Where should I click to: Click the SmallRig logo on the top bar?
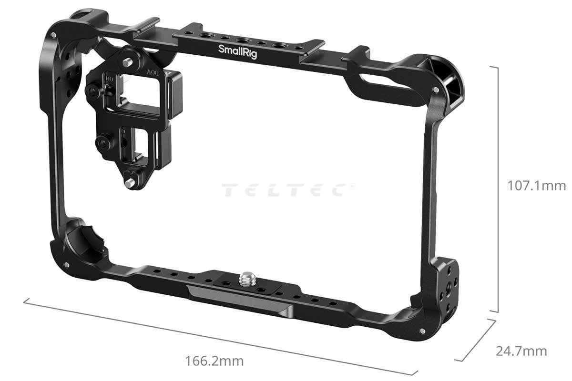pos(237,51)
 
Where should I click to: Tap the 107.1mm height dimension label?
pos(536,186)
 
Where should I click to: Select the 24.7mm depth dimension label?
pos(521,351)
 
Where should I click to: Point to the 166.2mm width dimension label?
pos(214,361)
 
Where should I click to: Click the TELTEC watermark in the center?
pos(288,190)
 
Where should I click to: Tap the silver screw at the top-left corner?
pos(53,35)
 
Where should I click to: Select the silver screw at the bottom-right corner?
pos(422,331)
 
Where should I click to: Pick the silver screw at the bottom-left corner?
pos(67,265)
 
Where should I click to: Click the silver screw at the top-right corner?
pos(436,90)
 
